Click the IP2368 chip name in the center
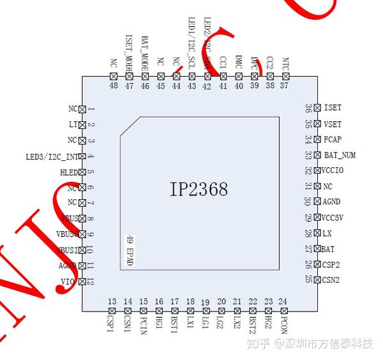click(x=199, y=190)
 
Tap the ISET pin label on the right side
click(x=333, y=108)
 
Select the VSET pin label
click(x=333, y=124)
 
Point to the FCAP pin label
click(x=333, y=139)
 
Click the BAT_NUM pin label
click(x=340, y=155)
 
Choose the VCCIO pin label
click(x=333, y=170)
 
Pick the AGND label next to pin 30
click(x=331, y=202)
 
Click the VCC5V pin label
click(x=333, y=218)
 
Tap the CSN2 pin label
click(x=331, y=280)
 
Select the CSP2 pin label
click(x=331, y=264)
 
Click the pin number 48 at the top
click(x=114, y=85)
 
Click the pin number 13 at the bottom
click(x=112, y=302)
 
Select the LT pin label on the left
click(x=73, y=124)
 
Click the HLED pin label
click(x=68, y=172)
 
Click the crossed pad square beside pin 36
click(x=317, y=108)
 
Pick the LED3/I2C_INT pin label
click(x=51, y=156)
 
